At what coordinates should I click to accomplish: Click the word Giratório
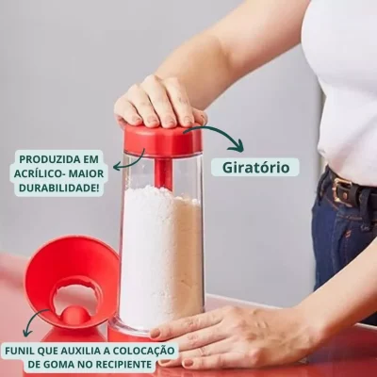[x=255, y=168]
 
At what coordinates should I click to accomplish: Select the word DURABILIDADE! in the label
[x=59, y=188]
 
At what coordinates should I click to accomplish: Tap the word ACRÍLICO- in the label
[x=39, y=173]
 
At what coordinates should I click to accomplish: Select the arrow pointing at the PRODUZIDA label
[x=128, y=162]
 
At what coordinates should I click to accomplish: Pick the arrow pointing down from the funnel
[x=33, y=323]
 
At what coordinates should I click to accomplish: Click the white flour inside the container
[x=161, y=256]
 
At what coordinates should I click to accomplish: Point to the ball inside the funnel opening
[x=74, y=315]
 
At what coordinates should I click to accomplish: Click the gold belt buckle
[x=340, y=189]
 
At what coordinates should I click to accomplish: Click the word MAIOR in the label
[x=86, y=173]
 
